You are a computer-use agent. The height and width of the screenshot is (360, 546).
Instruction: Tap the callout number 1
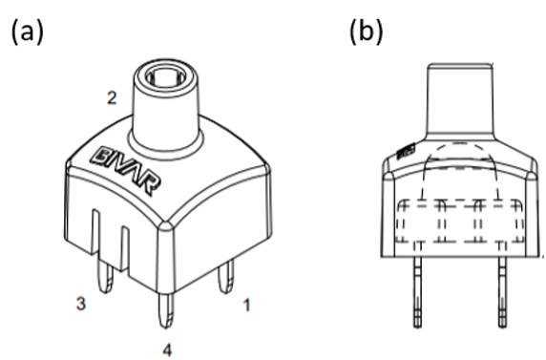click(x=246, y=306)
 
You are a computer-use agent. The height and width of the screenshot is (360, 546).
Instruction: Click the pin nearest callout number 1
click(x=225, y=280)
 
